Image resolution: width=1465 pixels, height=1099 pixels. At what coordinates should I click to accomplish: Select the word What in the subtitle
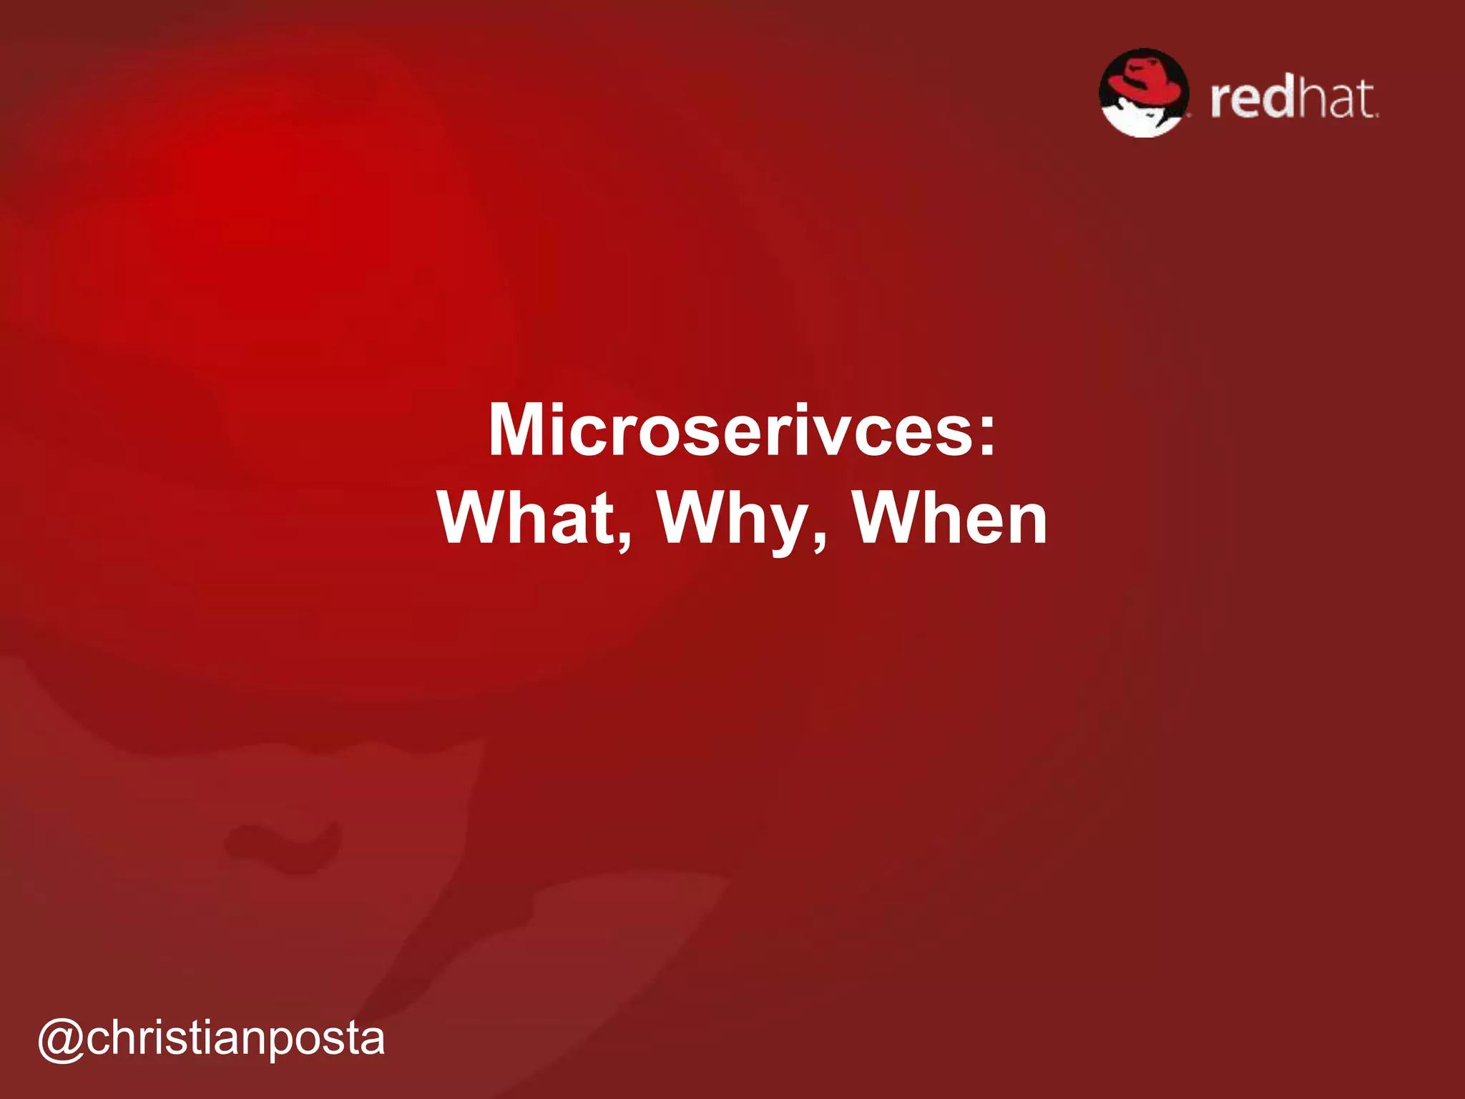[x=526, y=518]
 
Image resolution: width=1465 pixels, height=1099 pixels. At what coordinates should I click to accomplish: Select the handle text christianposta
[x=236, y=1039]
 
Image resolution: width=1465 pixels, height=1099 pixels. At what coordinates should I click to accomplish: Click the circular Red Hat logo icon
[x=1144, y=93]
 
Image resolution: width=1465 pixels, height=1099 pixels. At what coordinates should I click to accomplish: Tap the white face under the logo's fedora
[x=1137, y=119]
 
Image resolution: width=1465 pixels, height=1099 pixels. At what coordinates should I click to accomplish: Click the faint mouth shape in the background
[x=283, y=844]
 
